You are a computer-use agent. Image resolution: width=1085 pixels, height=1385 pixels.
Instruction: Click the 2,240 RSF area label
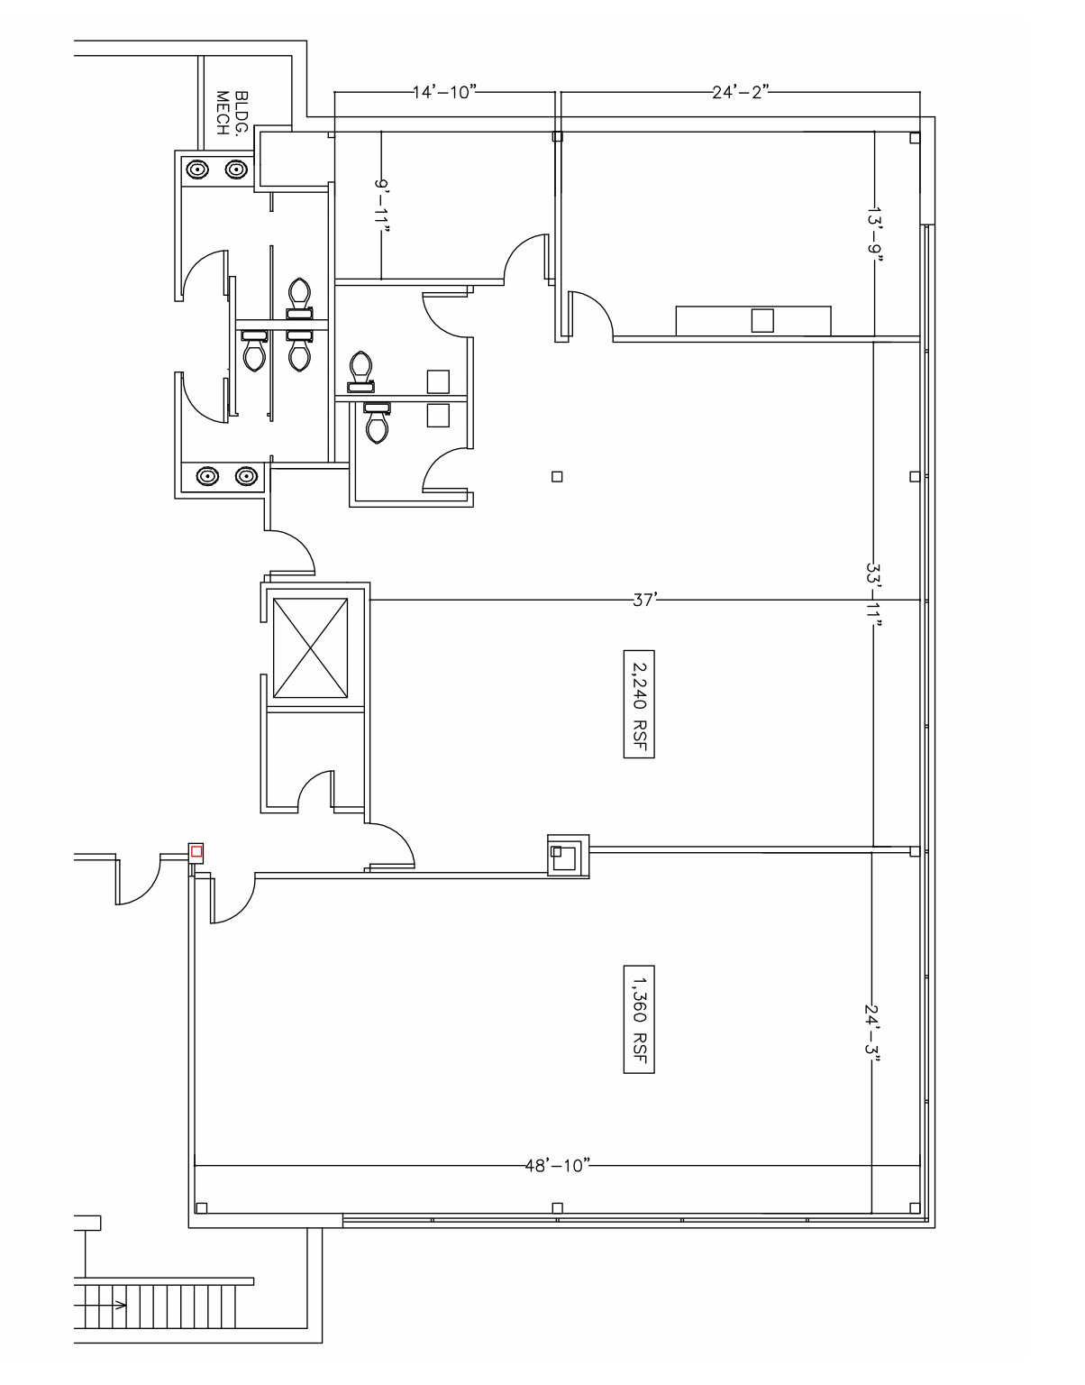coord(639,704)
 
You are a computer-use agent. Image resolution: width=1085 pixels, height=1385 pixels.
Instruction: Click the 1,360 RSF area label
coord(639,1019)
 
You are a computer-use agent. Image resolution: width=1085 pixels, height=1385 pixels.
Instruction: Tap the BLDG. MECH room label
coord(232,113)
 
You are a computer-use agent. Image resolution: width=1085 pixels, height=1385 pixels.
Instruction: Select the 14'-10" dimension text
coord(445,92)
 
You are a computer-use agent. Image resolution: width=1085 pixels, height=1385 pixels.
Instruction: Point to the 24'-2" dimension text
coord(741,92)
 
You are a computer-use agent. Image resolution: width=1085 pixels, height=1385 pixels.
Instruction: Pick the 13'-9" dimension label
coord(875,231)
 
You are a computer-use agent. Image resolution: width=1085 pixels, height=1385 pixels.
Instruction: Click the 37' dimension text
coord(644,600)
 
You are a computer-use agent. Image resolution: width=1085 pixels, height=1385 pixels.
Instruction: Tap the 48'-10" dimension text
coord(558,1166)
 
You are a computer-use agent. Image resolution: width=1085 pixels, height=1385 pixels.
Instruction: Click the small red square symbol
coord(196,851)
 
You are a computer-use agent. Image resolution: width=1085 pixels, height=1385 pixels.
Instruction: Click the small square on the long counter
coord(762,321)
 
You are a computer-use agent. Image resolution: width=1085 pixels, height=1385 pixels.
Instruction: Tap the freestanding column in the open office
coord(557,476)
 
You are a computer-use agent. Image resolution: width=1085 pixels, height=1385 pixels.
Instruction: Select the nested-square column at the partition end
coord(569,856)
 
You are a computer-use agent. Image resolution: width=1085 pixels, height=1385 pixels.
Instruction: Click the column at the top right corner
coord(915,137)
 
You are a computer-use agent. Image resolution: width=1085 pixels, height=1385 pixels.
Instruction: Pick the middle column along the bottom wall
coord(557,1207)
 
